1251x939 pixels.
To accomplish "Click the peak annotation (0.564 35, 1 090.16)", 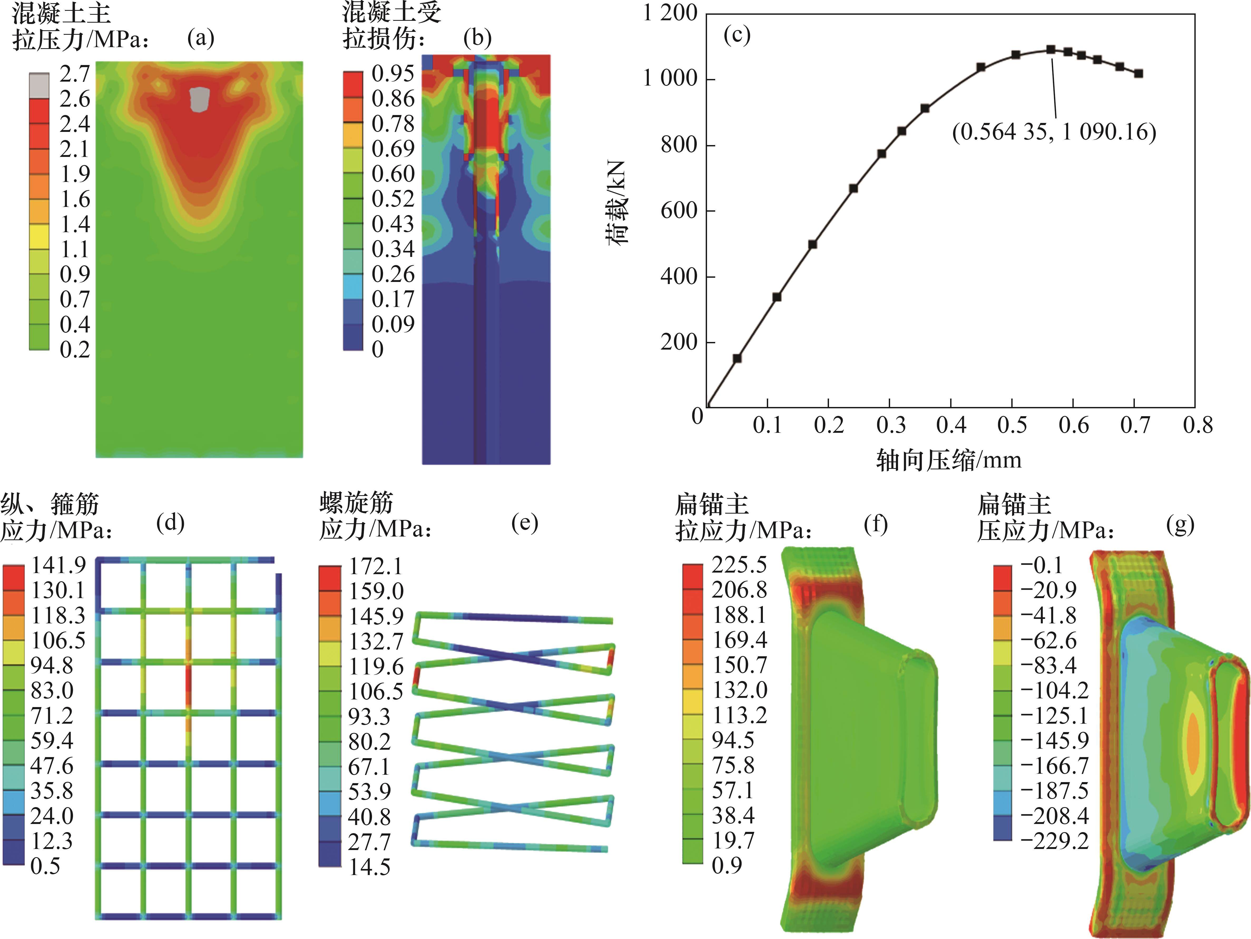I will pyautogui.click(x=1054, y=132).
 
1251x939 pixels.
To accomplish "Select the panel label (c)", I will pyautogui.click(x=737, y=35).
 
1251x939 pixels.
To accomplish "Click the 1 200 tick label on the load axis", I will pyautogui.click(x=670, y=12).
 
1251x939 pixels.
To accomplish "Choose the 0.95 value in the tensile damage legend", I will pyautogui.click(x=393, y=73).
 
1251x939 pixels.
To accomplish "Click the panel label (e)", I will pyautogui.click(x=524, y=524).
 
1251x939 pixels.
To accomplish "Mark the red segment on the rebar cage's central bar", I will pyautogui.click(x=188, y=684).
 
